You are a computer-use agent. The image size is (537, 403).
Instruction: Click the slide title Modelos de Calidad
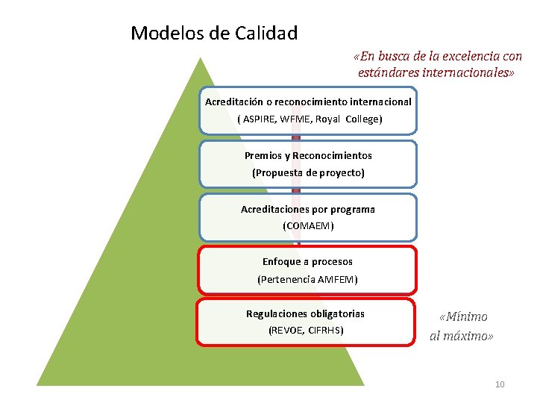pyautogui.click(x=214, y=34)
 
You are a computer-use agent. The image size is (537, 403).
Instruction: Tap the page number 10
pyautogui.click(x=500, y=384)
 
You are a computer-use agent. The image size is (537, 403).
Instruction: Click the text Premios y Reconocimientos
pyautogui.click(x=308, y=155)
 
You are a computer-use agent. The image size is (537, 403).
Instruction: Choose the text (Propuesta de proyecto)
pyautogui.click(x=308, y=172)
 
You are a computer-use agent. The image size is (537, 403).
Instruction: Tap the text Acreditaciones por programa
pyautogui.click(x=308, y=209)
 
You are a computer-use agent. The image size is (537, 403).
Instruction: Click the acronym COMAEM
pyautogui.click(x=308, y=225)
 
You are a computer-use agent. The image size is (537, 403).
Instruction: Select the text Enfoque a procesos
pyautogui.click(x=307, y=261)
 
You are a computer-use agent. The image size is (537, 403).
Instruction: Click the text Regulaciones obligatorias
pyautogui.click(x=306, y=313)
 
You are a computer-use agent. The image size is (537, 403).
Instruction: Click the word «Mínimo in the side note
pyautogui.click(x=463, y=317)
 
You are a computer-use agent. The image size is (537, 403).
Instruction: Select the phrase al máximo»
pyautogui.click(x=462, y=336)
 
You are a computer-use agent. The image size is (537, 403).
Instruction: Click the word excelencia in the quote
pyautogui.click(x=466, y=57)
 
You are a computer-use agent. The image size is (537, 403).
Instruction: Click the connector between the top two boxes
pyautogui.click(x=296, y=138)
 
